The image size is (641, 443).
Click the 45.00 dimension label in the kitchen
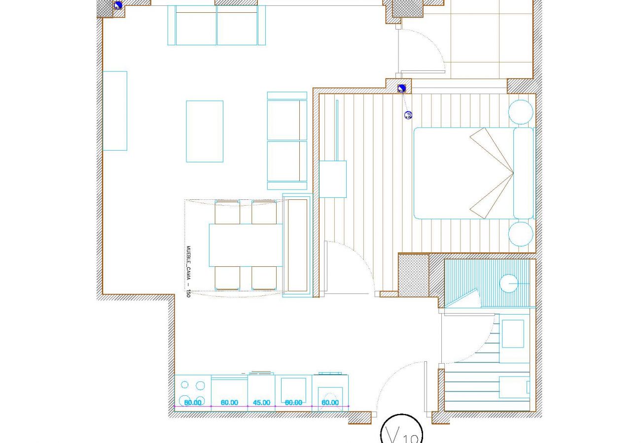coord(261,403)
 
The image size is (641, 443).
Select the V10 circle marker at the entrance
coord(401,433)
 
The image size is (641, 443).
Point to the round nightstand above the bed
coord(520,112)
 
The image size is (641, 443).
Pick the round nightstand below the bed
coord(520,234)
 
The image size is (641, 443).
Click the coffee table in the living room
coord(205,131)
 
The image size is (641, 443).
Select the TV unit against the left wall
coord(115,111)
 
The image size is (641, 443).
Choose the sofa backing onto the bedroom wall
coord(287,141)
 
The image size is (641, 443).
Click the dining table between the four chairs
coord(246,245)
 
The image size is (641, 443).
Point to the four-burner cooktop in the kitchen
coord(193,392)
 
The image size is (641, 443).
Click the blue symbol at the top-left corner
coord(118,5)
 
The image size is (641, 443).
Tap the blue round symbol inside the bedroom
coord(408,115)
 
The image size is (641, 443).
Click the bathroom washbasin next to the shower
coord(513,334)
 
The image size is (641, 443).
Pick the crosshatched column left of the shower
coord(413,275)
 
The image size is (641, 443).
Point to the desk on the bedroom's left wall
coord(333,179)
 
